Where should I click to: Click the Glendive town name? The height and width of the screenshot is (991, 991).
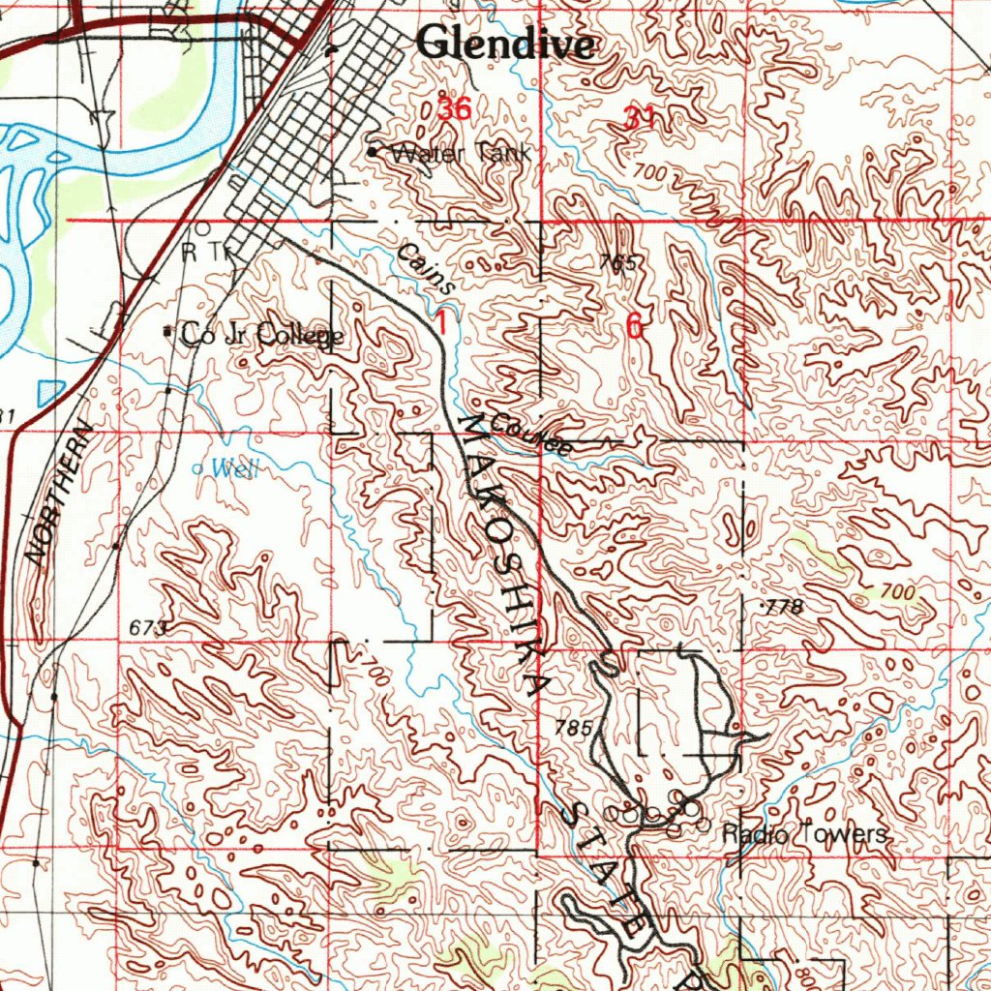pyautogui.click(x=505, y=44)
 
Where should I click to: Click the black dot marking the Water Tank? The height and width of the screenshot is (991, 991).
pyautogui.click(x=374, y=152)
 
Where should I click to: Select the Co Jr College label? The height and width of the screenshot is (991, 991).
pyautogui.click(x=262, y=336)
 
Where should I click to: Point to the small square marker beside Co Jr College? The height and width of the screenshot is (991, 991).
pyautogui.click(x=168, y=332)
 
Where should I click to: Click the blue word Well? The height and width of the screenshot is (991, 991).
pyautogui.click(x=235, y=470)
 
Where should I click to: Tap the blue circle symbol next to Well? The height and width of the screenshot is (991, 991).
pyautogui.click(x=199, y=468)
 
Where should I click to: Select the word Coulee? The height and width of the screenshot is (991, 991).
pyautogui.click(x=529, y=434)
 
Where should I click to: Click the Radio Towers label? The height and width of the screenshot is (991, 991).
pyautogui.click(x=804, y=834)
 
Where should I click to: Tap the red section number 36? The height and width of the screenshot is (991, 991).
pyautogui.click(x=454, y=109)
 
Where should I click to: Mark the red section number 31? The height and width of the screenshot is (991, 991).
pyautogui.click(x=640, y=118)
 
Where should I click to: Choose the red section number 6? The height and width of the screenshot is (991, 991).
pyautogui.click(x=634, y=327)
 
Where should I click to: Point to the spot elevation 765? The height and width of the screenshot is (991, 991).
pyautogui.click(x=616, y=263)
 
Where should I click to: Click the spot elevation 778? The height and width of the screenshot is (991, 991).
pyautogui.click(x=785, y=607)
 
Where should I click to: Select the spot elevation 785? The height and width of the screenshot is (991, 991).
pyautogui.click(x=573, y=727)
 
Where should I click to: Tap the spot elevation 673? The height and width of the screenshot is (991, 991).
pyautogui.click(x=148, y=629)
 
